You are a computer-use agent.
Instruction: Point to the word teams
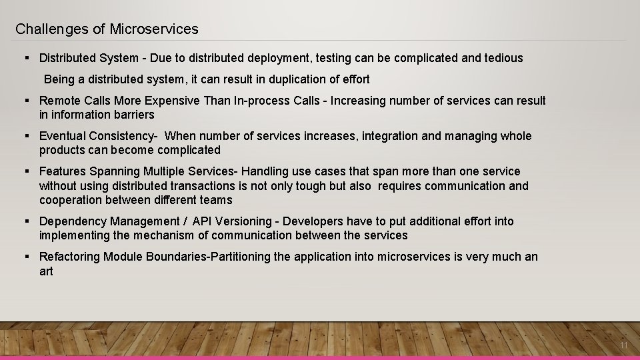point(214,200)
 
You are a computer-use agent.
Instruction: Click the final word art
point(46,271)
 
